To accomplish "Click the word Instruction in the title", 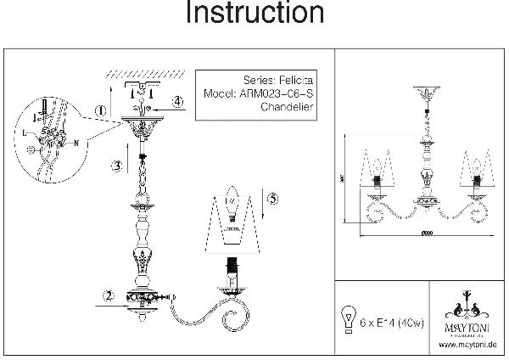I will click(x=254, y=14).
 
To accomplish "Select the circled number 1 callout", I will click(x=101, y=110).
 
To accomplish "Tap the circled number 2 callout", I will click(x=109, y=295).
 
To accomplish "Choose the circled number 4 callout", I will click(x=177, y=102).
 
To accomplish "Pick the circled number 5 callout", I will click(x=271, y=200).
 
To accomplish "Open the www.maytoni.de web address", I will click(x=467, y=346).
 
